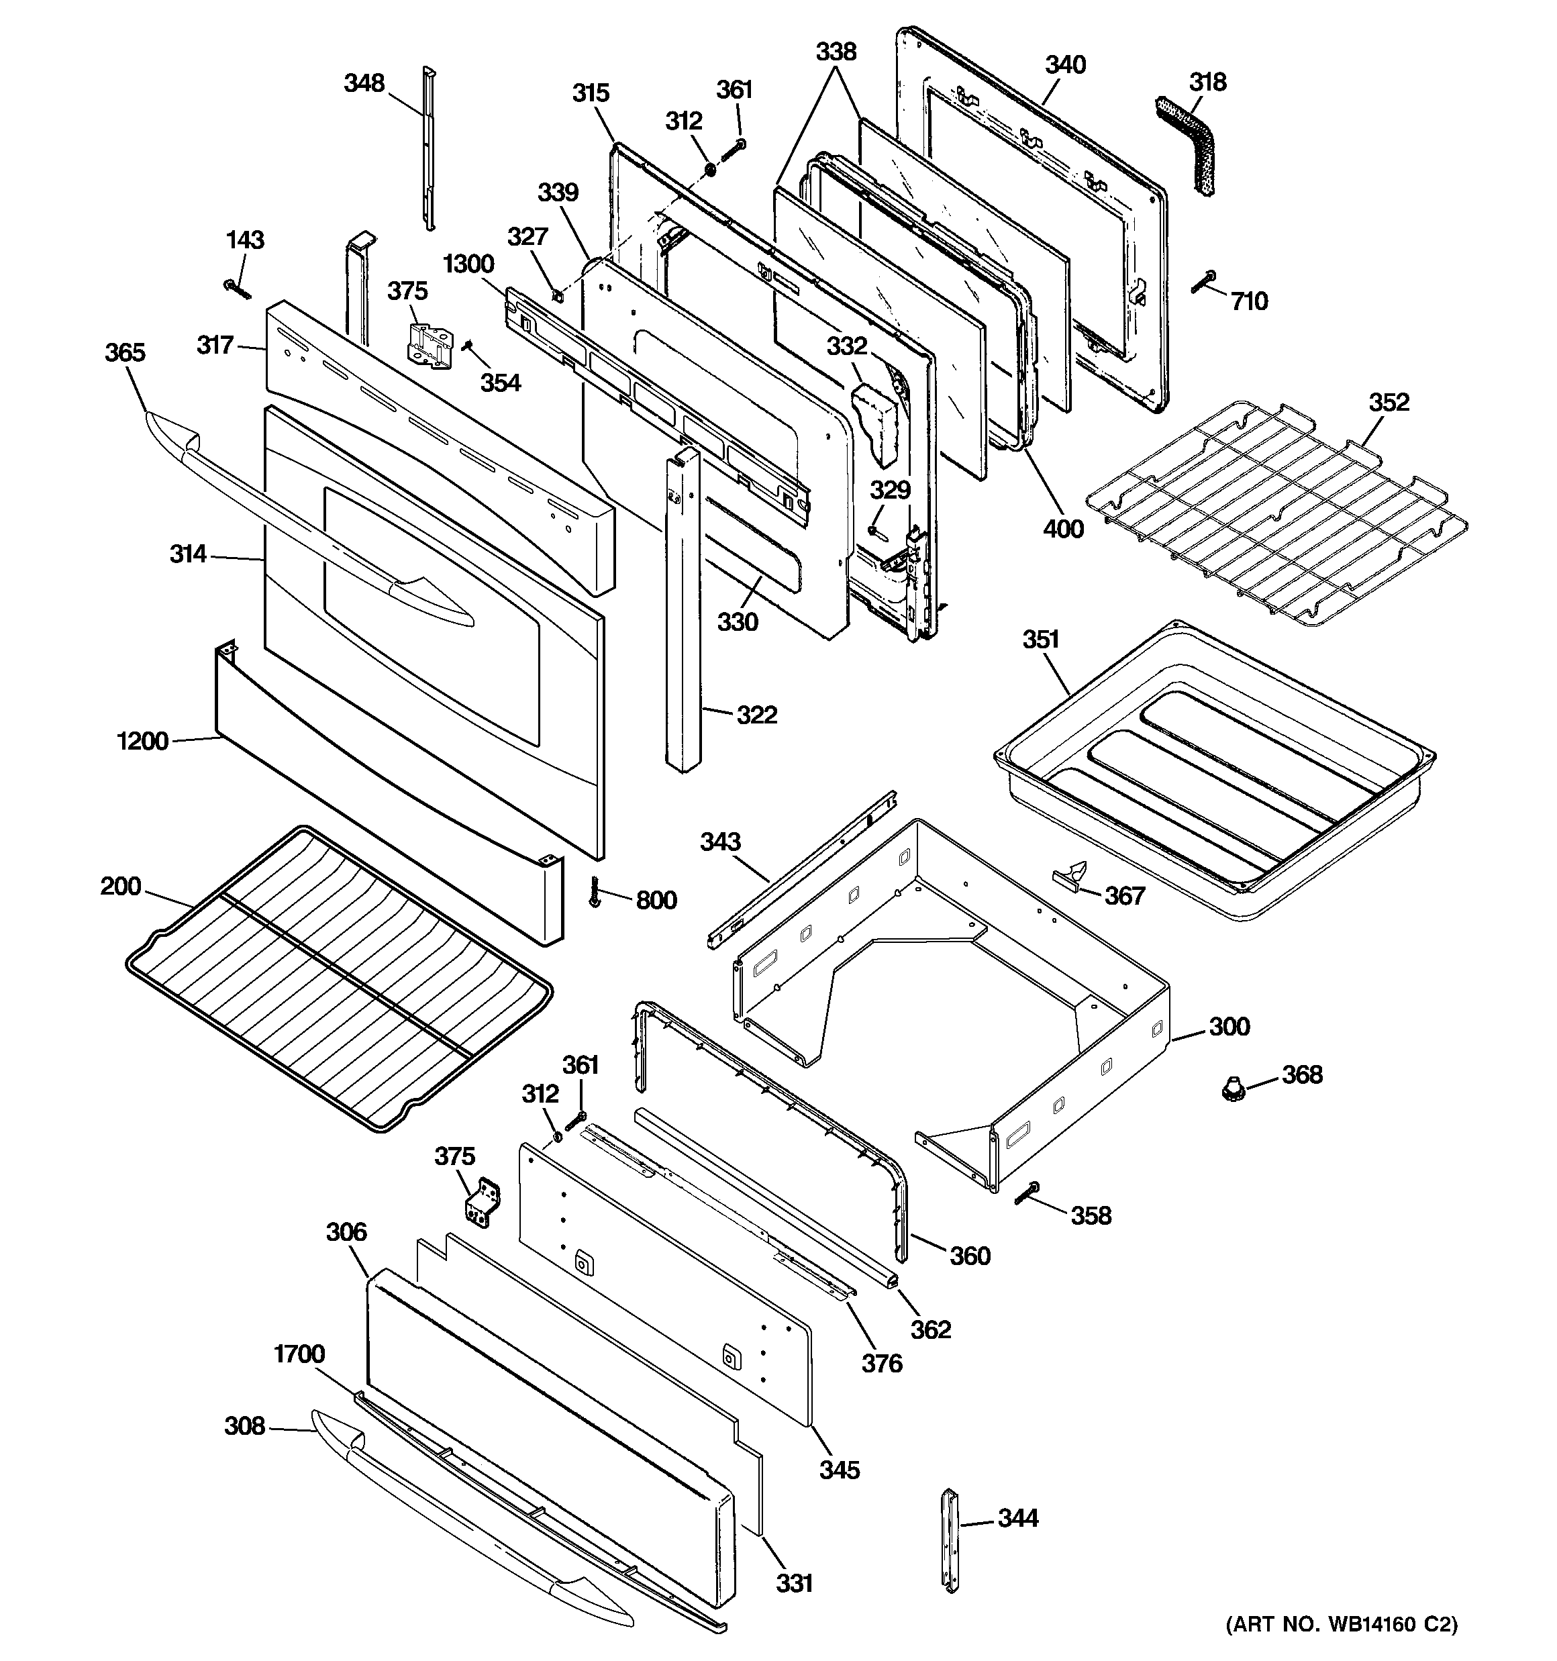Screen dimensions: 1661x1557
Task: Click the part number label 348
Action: [364, 83]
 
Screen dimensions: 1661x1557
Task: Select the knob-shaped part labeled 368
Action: [1229, 1089]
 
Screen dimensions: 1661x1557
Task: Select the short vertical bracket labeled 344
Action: [950, 1540]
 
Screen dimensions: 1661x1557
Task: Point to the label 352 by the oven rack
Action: [1388, 402]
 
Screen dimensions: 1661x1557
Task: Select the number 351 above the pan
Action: [1040, 639]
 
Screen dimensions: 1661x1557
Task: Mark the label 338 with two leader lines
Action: [836, 52]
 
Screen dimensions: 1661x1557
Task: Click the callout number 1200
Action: [143, 740]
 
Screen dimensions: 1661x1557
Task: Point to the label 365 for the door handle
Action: [125, 352]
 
